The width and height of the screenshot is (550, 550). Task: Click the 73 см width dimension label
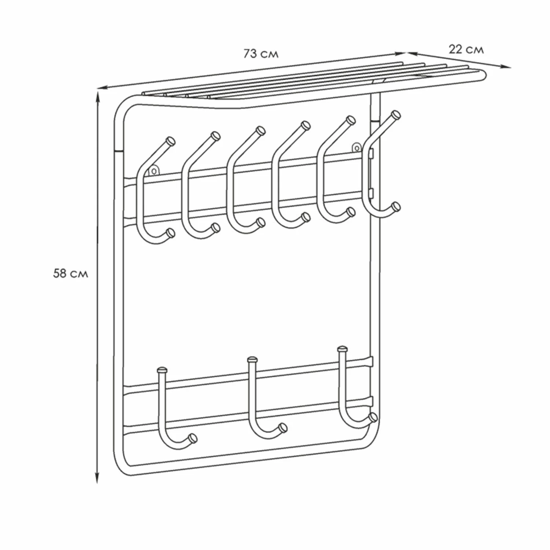(261, 54)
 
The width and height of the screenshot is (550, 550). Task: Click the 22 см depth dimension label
(466, 49)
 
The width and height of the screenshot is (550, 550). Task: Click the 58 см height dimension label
(70, 274)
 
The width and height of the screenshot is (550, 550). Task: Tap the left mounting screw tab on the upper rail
(154, 170)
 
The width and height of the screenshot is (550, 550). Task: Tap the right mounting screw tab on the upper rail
(357, 148)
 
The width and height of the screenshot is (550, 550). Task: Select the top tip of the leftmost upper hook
(171, 141)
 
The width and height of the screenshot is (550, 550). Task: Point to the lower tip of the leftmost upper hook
(170, 232)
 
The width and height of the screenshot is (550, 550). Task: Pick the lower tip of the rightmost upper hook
(395, 206)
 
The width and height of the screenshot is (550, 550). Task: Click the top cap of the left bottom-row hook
(162, 369)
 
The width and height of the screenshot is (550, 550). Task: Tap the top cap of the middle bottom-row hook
(252, 359)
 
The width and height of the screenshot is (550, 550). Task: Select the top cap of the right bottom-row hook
(342, 348)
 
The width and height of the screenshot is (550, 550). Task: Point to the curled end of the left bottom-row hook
(192, 437)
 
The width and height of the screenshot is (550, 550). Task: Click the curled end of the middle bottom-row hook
(282, 427)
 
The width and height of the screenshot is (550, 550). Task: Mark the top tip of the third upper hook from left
(261, 130)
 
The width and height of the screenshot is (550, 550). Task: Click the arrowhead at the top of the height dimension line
(98, 95)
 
